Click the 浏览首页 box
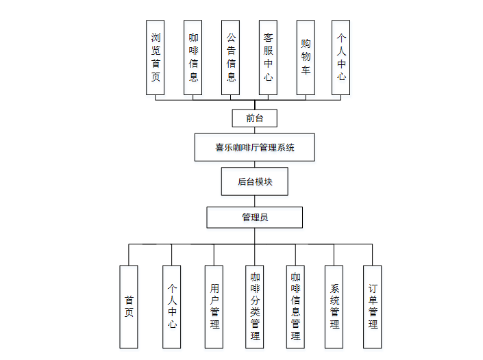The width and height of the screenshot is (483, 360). click(x=156, y=57)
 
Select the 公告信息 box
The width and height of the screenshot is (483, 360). click(x=231, y=57)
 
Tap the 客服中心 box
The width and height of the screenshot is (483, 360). click(x=268, y=57)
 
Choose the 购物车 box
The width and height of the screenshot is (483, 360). click(x=306, y=57)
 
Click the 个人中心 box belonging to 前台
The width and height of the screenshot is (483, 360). click(x=341, y=57)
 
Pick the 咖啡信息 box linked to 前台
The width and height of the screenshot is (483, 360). click(x=193, y=57)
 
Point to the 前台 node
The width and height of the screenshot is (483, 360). click(x=254, y=118)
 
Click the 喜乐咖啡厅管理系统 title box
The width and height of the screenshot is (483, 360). click(x=254, y=147)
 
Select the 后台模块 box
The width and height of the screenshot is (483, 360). click(x=254, y=181)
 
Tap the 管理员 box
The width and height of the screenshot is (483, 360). click(x=254, y=218)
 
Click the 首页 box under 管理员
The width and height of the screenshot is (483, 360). click(x=129, y=307)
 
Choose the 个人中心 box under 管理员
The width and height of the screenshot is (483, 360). click(x=172, y=307)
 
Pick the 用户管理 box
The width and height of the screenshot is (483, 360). click(x=214, y=307)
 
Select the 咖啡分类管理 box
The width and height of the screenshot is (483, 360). click(x=255, y=307)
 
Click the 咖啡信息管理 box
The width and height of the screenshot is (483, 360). click(x=295, y=307)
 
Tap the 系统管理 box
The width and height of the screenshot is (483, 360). click(x=334, y=307)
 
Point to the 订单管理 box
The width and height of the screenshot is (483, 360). click(x=373, y=307)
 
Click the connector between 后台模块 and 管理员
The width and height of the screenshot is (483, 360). click(x=254, y=201)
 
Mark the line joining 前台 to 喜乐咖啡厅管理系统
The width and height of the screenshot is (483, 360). click(x=254, y=130)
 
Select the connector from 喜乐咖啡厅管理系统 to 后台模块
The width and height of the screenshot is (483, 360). click(x=254, y=164)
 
